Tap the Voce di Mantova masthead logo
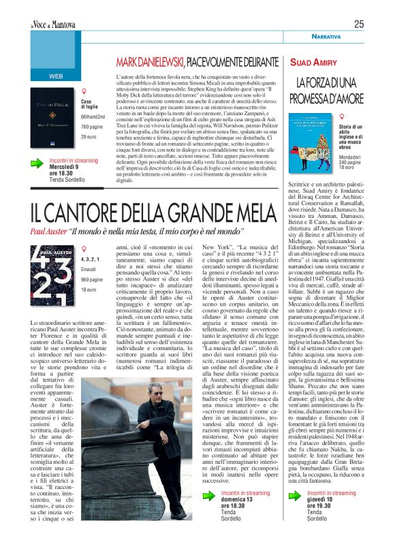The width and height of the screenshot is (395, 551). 52,25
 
